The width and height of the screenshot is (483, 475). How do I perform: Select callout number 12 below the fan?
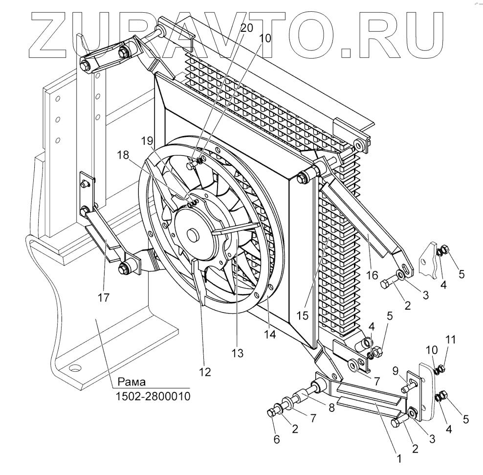pyautogui.click(x=205, y=372)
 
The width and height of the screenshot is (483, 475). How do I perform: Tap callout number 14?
pyautogui.click(x=270, y=335)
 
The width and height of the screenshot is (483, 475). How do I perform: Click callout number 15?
pyautogui.click(x=304, y=316)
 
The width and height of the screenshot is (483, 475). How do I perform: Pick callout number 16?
pyautogui.click(x=372, y=275)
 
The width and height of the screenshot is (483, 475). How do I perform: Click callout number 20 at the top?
pyautogui.click(x=247, y=28)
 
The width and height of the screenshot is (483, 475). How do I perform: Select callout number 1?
pyautogui.click(x=398, y=459)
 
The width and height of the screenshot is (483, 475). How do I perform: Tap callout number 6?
pyautogui.click(x=277, y=439)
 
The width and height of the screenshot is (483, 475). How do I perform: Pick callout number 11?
pyautogui.click(x=451, y=339)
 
